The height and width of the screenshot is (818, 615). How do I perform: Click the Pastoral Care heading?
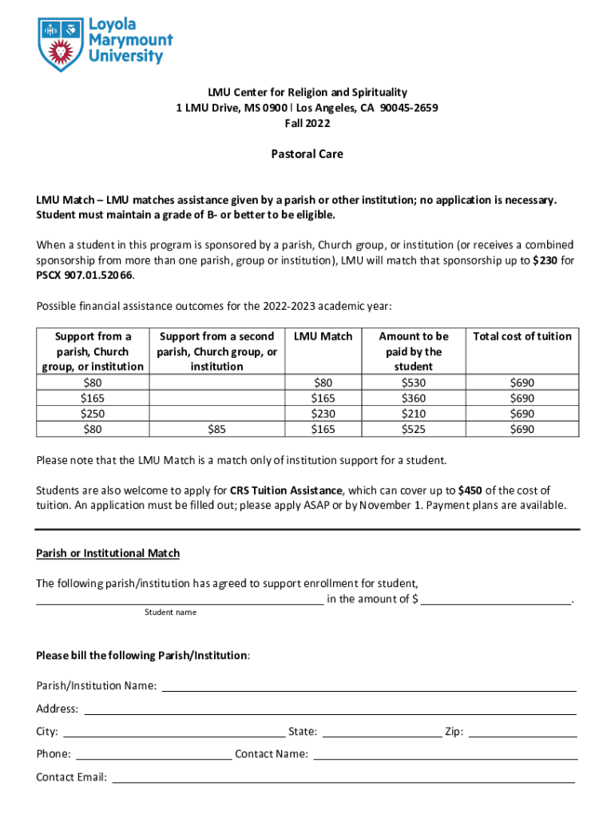(307, 153)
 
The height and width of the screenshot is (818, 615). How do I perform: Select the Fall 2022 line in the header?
(307, 123)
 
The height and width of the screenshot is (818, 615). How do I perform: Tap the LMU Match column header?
(323, 336)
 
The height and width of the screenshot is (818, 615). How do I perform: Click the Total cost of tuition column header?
(522, 336)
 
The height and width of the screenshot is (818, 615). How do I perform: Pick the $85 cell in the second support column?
(216, 429)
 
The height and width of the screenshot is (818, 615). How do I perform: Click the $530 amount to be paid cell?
(413, 383)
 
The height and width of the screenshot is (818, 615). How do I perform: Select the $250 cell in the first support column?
(93, 414)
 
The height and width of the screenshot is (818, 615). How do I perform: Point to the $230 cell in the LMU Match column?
(323, 414)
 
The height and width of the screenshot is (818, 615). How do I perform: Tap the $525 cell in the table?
(413, 429)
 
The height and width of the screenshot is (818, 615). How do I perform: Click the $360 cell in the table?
(413, 398)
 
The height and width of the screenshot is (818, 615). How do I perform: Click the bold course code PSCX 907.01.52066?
(85, 275)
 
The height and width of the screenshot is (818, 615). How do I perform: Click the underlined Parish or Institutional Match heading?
(108, 553)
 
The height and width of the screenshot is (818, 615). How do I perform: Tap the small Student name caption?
(170, 612)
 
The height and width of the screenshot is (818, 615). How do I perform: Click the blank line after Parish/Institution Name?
(369, 687)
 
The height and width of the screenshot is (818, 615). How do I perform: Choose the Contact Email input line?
(343, 777)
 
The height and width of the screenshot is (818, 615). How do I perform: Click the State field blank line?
(381, 733)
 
